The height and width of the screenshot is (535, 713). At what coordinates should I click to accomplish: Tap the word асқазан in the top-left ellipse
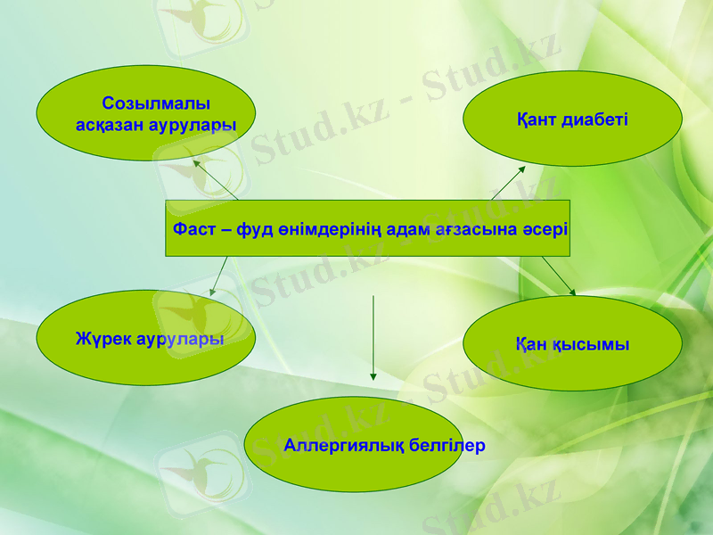click(112, 125)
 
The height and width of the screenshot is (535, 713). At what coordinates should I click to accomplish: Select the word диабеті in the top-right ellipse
click(596, 119)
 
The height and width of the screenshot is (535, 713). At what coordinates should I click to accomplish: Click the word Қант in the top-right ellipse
click(537, 119)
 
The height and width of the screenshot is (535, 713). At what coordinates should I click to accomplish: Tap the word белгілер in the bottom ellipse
click(443, 445)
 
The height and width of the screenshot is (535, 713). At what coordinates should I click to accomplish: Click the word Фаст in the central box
click(193, 229)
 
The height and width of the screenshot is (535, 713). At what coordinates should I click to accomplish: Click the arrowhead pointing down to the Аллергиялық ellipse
click(373, 375)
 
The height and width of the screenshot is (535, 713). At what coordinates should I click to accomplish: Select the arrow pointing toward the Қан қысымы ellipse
click(559, 276)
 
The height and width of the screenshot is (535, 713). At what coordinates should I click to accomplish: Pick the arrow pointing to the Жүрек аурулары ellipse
click(218, 276)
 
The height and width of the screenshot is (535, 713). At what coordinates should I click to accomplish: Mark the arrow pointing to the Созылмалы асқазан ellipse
click(216, 179)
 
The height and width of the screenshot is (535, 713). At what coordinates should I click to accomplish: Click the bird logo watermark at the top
click(199, 22)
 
